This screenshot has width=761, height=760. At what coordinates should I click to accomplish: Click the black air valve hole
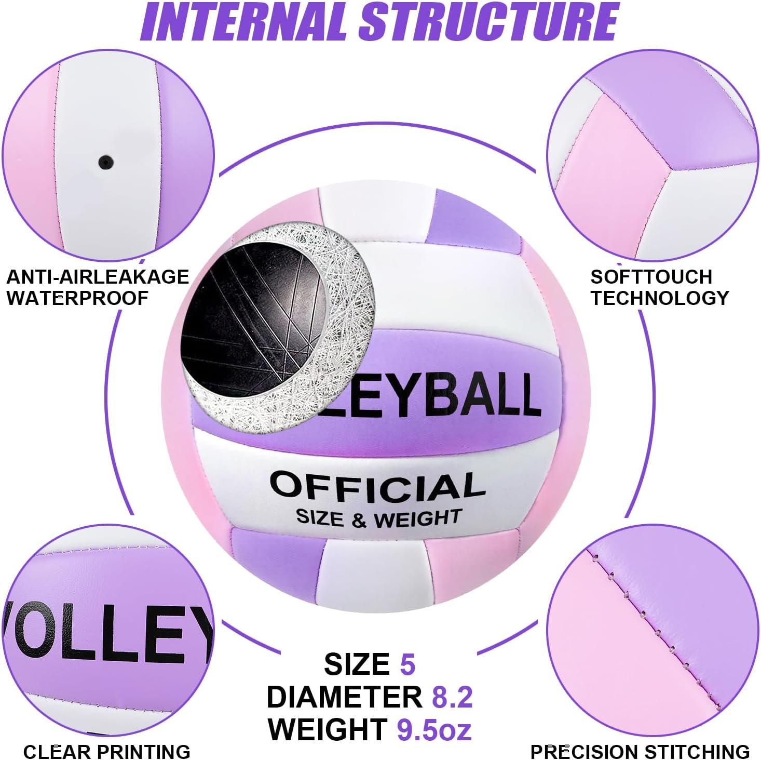(x=106, y=162)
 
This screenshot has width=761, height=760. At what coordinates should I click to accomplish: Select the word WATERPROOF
(x=77, y=298)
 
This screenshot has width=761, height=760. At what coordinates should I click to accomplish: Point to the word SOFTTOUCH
(x=651, y=277)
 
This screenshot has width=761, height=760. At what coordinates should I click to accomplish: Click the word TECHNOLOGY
(x=659, y=298)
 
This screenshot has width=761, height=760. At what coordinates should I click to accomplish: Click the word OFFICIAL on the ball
(x=377, y=486)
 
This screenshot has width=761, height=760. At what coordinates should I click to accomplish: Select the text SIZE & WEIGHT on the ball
(x=378, y=517)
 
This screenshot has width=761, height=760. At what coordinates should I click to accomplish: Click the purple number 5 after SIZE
(x=407, y=664)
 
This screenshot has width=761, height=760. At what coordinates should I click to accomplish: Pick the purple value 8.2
(x=452, y=697)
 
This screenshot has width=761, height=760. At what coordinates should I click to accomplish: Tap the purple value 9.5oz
(x=434, y=729)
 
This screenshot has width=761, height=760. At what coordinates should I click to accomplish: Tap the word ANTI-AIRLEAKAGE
(x=98, y=277)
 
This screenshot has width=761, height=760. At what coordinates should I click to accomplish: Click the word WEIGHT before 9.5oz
(x=328, y=729)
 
